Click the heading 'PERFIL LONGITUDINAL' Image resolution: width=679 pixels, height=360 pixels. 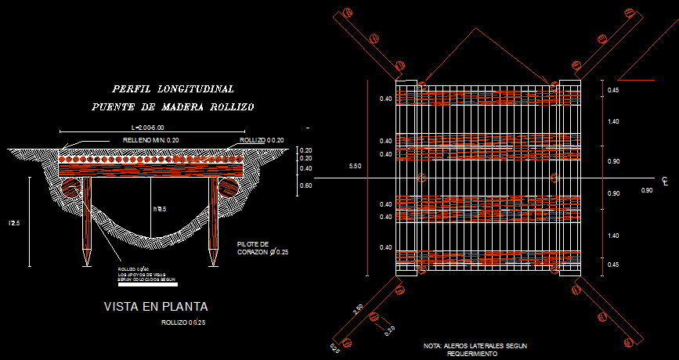(173, 89)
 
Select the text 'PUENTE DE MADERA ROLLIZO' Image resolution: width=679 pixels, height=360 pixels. (173, 106)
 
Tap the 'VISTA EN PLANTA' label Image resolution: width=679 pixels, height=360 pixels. (157, 307)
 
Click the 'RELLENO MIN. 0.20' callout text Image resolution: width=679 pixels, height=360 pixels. (151, 140)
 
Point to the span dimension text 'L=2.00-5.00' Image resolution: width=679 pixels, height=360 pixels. (150, 127)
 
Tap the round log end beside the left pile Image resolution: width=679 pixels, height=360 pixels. (71, 189)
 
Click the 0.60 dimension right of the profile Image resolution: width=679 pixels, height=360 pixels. (306, 185)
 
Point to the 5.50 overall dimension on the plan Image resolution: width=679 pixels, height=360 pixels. (356, 167)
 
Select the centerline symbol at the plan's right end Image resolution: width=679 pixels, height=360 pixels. (664, 182)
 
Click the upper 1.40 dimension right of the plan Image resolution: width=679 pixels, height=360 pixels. (613, 122)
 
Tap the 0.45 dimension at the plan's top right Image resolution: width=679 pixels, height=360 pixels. (613, 92)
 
